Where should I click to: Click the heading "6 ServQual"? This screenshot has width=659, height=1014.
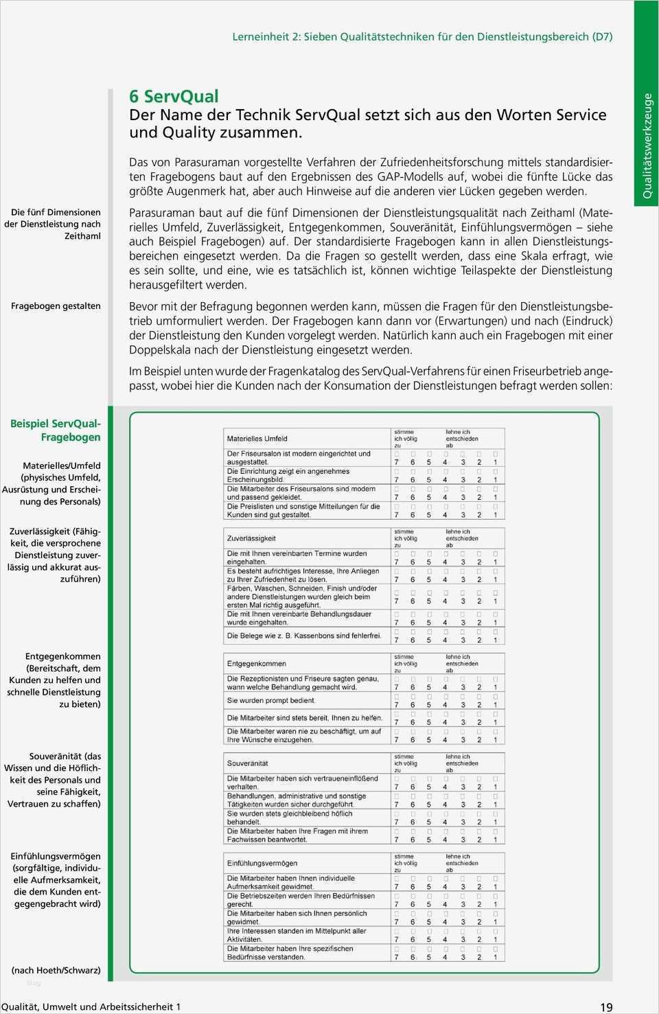click(174, 97)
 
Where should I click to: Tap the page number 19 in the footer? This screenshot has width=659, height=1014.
click(606, 1007)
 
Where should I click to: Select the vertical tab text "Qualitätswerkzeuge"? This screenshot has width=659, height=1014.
click(647, 146)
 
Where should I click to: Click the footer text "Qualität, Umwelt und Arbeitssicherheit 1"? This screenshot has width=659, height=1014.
click(91, 1006)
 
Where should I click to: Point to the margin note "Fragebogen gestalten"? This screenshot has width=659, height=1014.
click(56, 306)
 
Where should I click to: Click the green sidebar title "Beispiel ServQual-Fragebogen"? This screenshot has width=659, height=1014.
click(56, 430)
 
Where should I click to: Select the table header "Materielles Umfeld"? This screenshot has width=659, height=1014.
click(257, 439)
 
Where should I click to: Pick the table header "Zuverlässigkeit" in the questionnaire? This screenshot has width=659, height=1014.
click(251, 538)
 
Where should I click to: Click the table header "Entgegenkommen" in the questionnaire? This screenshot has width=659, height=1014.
click(257, 664)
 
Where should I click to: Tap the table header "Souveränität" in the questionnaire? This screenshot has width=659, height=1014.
click(248, 763)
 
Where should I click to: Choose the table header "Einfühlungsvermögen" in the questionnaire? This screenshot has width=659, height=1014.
click(262, 863)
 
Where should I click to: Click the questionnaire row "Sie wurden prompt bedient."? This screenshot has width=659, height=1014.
click(271, 701)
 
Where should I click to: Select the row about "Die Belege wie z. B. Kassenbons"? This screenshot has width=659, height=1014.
click(304, 636)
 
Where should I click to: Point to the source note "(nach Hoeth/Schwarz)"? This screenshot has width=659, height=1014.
click(56, 970)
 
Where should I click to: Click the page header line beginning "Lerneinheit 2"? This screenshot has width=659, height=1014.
click(422, 37)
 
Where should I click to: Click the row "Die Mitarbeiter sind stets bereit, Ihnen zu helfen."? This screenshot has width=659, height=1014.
click(304, 718)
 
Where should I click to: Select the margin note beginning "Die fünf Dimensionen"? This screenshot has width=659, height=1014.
click(53, 224)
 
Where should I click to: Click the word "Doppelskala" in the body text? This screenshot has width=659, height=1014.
click(159, 350)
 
